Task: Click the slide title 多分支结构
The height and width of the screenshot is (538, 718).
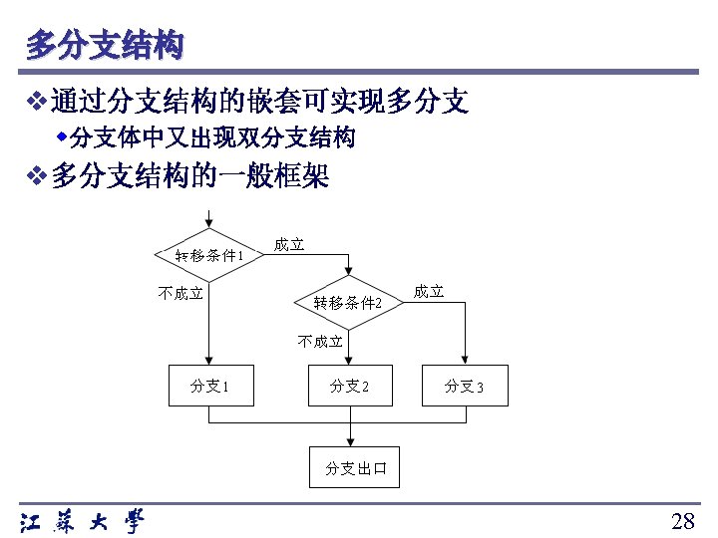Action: tap(105, 45)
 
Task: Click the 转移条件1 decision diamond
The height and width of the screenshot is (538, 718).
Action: tap(208, 254)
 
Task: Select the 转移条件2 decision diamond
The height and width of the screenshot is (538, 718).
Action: tap(348, 301)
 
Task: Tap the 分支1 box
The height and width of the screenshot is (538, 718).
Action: tap(209, 386)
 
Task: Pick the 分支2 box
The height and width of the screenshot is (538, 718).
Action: tap(349, 386)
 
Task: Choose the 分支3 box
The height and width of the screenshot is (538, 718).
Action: tap(465, 386)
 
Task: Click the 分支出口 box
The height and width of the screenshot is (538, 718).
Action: tap(356, 467)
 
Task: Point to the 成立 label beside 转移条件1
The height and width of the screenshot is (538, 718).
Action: tap(289, 245)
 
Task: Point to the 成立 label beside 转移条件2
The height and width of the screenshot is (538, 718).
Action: tap(429, 292)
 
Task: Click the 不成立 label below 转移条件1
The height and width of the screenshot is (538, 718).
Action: tap(181, 293)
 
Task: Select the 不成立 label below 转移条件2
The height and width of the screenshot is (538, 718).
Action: tap(321, 342)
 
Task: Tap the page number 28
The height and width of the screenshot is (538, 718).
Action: tap(683, 521)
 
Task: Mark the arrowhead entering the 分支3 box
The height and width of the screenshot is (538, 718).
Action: tap(465, 361)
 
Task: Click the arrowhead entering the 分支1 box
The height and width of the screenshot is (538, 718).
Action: tap(209, 361)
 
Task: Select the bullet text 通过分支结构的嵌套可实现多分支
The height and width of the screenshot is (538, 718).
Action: tap(260, 100)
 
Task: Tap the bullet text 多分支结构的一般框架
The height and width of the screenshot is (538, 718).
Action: tap(190, 177)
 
